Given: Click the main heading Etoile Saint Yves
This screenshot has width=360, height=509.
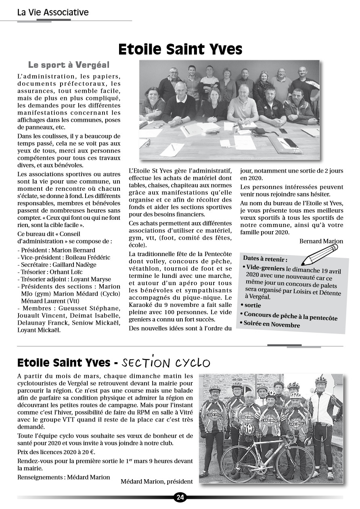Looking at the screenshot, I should pyautogui.click(x=180, y=49).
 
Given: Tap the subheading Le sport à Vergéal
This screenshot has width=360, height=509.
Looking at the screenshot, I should pyautogui.click(x=69, y=65).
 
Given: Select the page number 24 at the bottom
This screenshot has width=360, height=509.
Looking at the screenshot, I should pyautogui.click(x=180, y=497).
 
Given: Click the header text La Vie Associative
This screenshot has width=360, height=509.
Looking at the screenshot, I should pyautogui.click(x=53, y=13).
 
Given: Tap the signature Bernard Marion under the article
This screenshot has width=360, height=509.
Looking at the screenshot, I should pyautogui.click(x=321, y=241).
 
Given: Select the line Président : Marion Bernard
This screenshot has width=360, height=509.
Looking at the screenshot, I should pyautogui.click(x=57, y=250).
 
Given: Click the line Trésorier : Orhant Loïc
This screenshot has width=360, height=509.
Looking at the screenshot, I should pyautogui.click(x=52, y=272).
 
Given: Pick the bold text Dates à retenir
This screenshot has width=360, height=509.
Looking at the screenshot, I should pyautogui.click(x=265, y=259).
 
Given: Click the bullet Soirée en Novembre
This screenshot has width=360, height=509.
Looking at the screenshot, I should pyautogui.click(x=271, y=324).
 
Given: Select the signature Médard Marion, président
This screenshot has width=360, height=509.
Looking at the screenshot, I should pyautogui.click(x=157, y=481).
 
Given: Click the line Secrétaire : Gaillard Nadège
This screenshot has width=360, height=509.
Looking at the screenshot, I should pyautogui.click(x=57, y=265).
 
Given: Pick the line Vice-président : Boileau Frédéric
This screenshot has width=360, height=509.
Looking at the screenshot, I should pyautogui.click(x=64, y=257).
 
